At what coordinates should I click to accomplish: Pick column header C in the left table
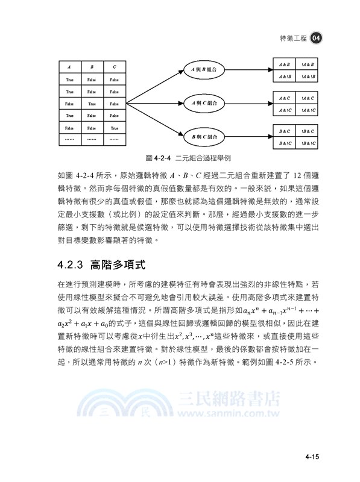(115, 66)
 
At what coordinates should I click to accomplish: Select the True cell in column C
(115, 127)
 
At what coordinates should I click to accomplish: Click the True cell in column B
(92, 103)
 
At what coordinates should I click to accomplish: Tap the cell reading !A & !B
(308, 78)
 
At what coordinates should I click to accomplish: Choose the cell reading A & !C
(285, 110)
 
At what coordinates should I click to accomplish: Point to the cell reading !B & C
(308, 131)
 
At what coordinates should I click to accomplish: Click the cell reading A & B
(285, 64)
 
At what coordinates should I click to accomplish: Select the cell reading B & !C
(285, 143)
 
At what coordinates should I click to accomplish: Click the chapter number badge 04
(318, 37)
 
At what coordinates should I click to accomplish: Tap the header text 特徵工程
(294, 37)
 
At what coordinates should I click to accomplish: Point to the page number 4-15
(311, 457)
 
